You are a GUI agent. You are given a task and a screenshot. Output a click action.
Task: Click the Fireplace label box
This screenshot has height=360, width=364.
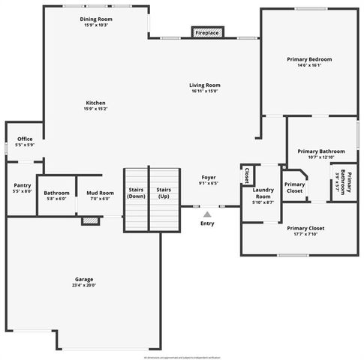[x=207, y=33]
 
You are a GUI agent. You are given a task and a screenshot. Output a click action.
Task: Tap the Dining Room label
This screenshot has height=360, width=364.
[x=95, y=19]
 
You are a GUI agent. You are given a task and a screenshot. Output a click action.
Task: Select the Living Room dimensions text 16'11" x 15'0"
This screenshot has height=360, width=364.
[x=204, y=92]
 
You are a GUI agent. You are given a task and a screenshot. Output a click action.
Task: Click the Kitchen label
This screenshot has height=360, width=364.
[x=95, y=103]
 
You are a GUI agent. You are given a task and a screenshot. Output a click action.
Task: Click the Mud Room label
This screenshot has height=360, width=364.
[x=100, y=193]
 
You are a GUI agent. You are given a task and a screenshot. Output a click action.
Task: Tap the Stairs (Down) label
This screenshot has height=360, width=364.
[x=136, y=193]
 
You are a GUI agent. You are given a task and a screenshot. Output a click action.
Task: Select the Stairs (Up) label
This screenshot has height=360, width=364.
[x=164, y=193]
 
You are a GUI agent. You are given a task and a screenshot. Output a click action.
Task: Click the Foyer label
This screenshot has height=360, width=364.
[x=208, y=178]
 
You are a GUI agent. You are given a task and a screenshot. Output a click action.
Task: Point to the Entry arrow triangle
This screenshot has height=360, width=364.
[x=207, y=214]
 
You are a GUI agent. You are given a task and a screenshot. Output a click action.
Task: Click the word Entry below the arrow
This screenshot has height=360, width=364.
[x=207, y=223]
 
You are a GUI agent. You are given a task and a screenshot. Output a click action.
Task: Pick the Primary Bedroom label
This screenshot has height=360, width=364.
[x=309, y=58]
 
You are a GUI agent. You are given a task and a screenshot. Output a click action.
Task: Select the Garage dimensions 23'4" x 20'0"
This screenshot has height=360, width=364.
[x=84, y=285]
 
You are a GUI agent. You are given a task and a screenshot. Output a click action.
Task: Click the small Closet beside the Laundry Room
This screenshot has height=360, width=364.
[x=247, y=175]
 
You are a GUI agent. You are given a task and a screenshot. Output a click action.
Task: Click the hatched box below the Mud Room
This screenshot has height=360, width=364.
[x=91, y=220]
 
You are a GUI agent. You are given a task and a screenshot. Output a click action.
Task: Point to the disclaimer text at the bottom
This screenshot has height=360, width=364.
[x=182, y=355]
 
